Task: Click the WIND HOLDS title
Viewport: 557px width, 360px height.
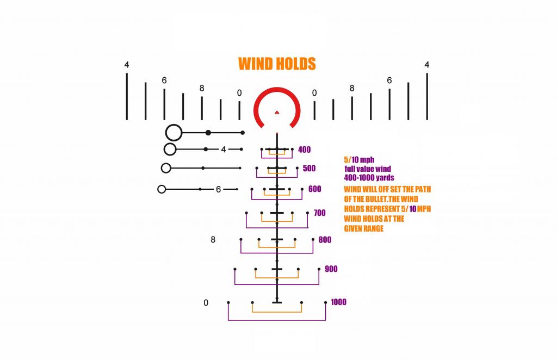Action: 277,64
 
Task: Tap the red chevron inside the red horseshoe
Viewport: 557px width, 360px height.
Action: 277,113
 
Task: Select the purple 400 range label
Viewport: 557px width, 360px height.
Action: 305,150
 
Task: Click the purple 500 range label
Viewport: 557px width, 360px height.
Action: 309,169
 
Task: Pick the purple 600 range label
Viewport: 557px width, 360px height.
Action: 314,189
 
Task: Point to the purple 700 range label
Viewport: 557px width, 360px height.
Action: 319,213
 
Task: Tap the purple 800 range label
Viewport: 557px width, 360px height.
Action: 325,240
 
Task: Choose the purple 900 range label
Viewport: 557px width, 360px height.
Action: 331,269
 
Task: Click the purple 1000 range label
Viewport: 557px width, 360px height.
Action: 338,302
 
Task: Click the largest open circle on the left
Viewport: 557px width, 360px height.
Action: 174,133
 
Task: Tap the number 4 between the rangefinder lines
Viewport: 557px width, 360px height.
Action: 223,150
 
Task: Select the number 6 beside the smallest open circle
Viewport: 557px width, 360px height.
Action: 218,190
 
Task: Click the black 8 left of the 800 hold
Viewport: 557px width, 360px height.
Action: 213,240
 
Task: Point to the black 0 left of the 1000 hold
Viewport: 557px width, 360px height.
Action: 206,303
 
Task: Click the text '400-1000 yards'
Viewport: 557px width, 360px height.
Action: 369,178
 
